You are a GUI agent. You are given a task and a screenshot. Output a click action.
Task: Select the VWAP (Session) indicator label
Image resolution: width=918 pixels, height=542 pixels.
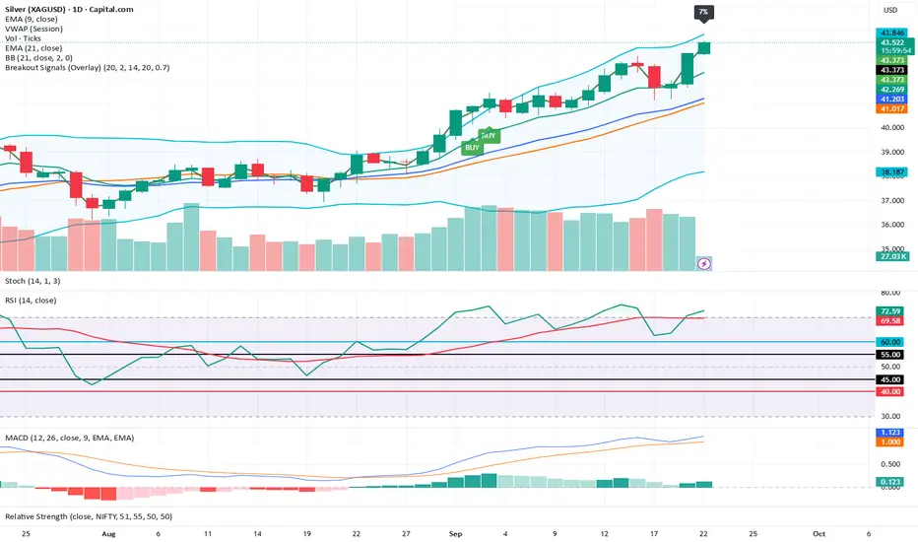[x=33, y=29]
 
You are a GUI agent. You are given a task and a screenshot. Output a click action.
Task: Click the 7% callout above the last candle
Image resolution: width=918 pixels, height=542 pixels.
[x=703, y=13]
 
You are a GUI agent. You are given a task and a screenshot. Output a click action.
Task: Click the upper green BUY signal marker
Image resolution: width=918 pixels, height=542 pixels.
[x=489, y=134]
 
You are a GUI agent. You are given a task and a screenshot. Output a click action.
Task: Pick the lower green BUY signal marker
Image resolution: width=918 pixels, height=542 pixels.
[x=472, y=147]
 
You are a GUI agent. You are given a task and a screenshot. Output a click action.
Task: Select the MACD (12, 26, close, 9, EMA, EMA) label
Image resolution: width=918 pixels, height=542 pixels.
[x=69, y=437]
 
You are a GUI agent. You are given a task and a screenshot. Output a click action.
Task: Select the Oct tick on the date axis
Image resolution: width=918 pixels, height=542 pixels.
[x=817, y=531]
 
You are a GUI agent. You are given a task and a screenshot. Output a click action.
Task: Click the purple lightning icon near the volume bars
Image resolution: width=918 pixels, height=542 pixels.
[x=704, y=264]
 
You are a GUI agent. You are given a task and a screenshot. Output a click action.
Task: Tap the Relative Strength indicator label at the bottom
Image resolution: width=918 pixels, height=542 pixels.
[x=89, y=516]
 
